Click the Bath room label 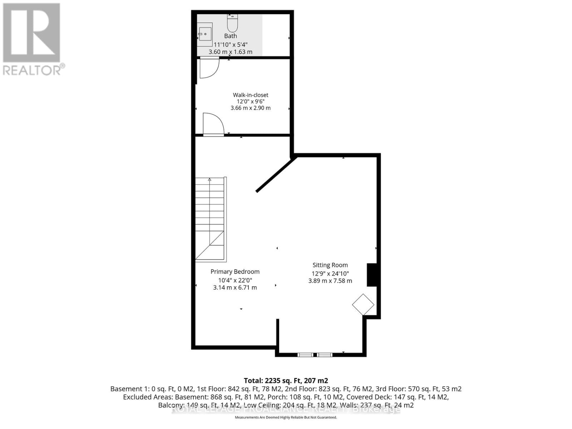[x=231, y=36]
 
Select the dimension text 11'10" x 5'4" [x=231, y=45]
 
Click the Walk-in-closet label [x=250, y=95]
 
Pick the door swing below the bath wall [x=209, y=68]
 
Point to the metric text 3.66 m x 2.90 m [x=250, y=108]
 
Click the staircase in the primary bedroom [x=210, y=218]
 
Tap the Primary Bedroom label [x=235, y=272]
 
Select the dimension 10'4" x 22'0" [x=235, y=281]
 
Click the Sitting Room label [x=330, y=265]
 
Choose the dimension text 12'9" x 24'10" [x=330, y=273]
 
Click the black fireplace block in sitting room [x=372, y=275]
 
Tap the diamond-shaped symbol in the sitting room [x=363, y=305]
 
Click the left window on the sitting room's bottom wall [x=305, y=355]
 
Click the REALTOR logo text [x=34, y=70]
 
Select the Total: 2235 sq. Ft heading [x=286, y=381]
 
